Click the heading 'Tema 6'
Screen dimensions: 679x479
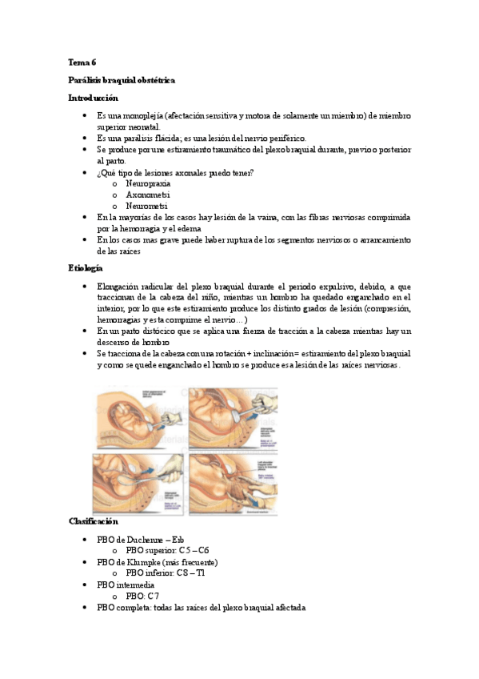coord(81,62)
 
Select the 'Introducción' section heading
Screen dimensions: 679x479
coord(93,98)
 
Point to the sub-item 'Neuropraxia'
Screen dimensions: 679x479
coord(148,183)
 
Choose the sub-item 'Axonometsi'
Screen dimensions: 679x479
coord(147,195)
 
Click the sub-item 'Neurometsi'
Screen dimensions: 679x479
coord(147,206)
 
